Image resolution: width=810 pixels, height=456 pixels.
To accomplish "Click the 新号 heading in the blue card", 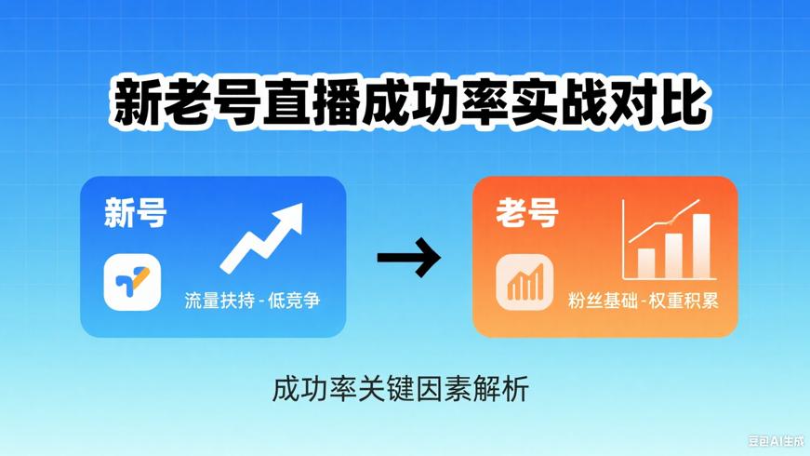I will click(136, 214).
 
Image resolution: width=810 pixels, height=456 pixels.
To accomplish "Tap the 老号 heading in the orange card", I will click(527, 214).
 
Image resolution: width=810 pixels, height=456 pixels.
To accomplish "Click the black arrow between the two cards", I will click(409, 258).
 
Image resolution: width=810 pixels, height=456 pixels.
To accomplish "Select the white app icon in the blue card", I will click(132, 282).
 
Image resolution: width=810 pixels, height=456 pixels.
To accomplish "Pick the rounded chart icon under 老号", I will click(525, 282).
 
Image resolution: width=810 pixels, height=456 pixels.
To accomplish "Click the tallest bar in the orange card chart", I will click(701, 246).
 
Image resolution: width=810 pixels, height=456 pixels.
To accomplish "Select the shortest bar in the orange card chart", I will click(645, 262).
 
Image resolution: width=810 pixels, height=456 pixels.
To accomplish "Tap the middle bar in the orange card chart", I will click(673, 255).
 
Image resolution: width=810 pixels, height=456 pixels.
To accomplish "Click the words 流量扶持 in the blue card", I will click(219, 301).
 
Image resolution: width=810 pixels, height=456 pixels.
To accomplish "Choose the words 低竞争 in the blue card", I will click(295, 301).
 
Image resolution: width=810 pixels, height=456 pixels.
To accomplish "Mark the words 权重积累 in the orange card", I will click(684, 301).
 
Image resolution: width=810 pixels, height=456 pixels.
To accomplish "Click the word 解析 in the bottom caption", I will click(503, 387).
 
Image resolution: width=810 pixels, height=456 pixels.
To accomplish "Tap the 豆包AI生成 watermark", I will click(776, 439).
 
